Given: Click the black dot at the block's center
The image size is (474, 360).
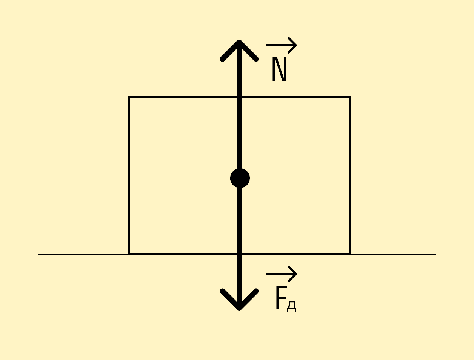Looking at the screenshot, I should [x=240, y=178].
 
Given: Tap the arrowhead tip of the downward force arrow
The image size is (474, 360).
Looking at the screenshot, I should [x=239, y=308].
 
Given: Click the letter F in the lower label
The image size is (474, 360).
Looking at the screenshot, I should [x=281, y=298].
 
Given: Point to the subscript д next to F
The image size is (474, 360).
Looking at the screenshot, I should [x=292, y=306].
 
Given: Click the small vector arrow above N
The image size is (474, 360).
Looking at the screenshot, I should [x=282, y=45].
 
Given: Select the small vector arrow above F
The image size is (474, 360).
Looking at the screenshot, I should [x=282, y=274].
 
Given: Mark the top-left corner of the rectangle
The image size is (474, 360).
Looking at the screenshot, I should [x=129, y=97].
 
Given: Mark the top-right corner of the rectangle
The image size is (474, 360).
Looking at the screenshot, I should [x=350, y=97].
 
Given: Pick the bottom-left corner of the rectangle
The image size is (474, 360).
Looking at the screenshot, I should [x=129, y=254].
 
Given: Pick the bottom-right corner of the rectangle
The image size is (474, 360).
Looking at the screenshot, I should [x=350, y=254].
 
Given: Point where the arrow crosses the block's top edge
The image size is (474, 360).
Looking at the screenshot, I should [x=239, y=97].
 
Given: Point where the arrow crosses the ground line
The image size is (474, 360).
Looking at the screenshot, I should [x=239, y=254].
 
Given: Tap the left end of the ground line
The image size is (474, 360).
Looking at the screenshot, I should [x=38, y=254].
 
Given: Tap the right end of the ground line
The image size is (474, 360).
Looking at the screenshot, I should [x=436, y=254].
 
